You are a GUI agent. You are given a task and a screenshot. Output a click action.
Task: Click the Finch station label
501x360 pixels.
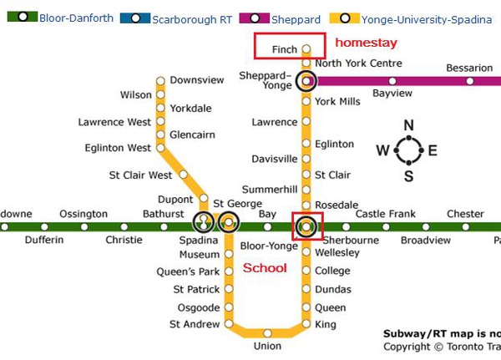pyautogui.click(x=284, y=50)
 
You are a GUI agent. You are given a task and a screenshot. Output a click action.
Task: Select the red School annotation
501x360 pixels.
pyautogui.click(x=265, y=268)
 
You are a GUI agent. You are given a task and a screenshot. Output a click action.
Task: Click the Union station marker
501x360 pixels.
pyautogui.click(x=267, y=333)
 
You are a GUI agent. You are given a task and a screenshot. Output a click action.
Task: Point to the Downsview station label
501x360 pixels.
pyautogui.click(x=196, y=80)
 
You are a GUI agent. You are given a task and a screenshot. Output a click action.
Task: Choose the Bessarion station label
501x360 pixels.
pyautogui.click(x=469, y=68)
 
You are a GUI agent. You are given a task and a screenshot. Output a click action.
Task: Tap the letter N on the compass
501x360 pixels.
pyautogui.click(x=408, y=126)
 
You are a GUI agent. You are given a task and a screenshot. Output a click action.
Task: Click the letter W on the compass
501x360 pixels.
pyautogui.click(x=382, y=151)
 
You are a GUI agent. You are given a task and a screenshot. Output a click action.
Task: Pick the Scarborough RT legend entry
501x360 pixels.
pyautogui.click(x=192, y=18)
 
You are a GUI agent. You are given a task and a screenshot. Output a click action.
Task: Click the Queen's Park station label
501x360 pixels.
pyautogui.click(x=188, y=271)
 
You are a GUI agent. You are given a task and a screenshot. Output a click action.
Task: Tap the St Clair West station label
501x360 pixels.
pyautogui.click(x=140, y=175)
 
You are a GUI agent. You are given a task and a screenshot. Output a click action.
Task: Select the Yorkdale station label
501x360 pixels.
pyautogui.click(x=190, y=109)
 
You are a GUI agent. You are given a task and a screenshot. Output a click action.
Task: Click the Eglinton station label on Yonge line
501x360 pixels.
pyautogui.click(x=334, y=145)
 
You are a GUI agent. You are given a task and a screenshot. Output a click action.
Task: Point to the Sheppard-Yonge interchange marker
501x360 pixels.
pyautogui.click(x=307, y=81)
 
